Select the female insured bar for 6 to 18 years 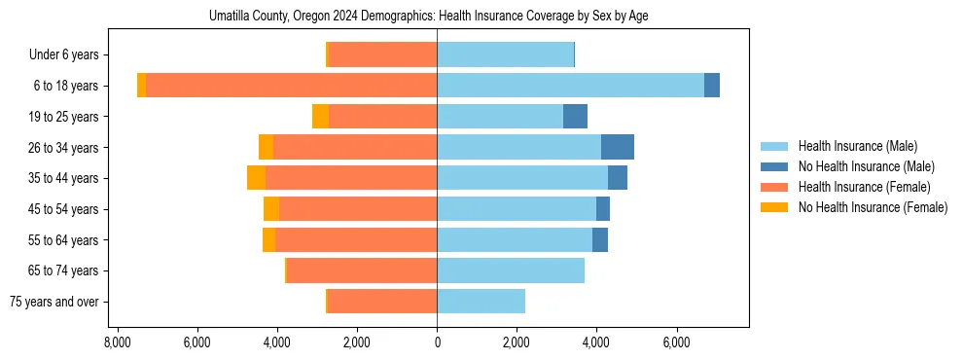tap(291, 86)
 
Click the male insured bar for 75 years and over tap(481, 302)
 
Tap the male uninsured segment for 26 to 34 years tap(618, 147)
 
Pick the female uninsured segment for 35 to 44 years tap(256, 178)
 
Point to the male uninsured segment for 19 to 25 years tap(575, 117)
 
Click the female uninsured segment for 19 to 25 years tap(320, 117)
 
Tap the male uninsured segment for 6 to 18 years tap(712, 86)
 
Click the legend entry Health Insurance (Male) tap(857, 146)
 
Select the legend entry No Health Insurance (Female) tap(873, 207)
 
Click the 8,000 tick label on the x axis tap(117, 342)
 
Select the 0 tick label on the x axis tap(437, 342)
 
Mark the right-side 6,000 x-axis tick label tap(676, 342)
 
